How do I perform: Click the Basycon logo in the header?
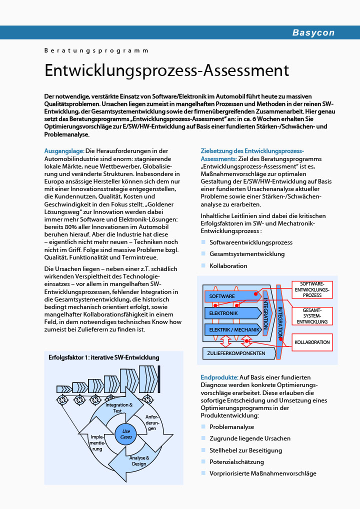(x=313, y=33)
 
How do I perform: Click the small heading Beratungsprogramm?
(x=96, y=50)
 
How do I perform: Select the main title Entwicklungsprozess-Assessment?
(x=167, y=70)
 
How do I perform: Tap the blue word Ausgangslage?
(x=64, y=150)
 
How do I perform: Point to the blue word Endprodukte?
(x=219, y=377)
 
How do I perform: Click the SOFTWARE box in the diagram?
(x=222, y=296)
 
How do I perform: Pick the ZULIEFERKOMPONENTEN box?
(x=237, y=353)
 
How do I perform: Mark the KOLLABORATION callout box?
(x=312, y=342)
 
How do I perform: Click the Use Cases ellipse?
(x=126, y=434)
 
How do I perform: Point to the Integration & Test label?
(x=119, y=407)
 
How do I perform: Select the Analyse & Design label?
(x=139, y=460)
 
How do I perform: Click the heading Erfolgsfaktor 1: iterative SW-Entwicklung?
(x=104, y=357)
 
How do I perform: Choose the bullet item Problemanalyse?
(x=231, y=427)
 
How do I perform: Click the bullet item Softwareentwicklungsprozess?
(x=251, y=242)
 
